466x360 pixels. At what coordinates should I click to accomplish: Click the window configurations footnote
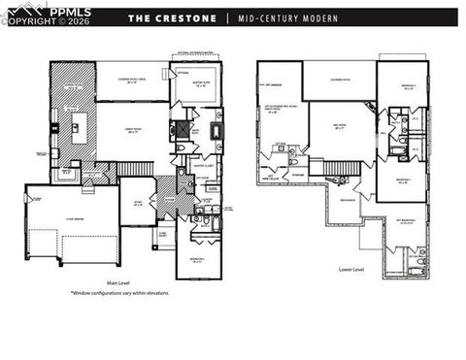[x=120, y=292]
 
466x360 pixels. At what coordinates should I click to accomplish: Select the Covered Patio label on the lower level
[x=339, y=68]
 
